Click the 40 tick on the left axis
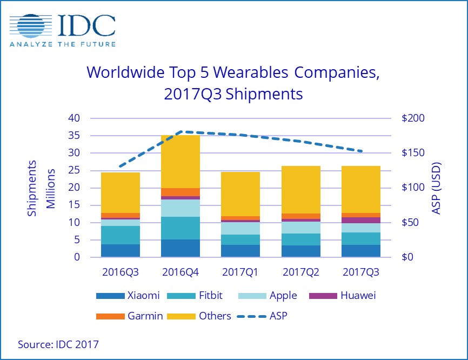pos(73,118)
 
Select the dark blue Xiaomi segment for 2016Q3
pos(120,251)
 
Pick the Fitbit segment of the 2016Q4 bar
pos(180,228)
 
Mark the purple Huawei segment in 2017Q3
pos(361,220)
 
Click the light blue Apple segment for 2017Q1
pos(240,229)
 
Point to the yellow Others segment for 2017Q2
pos(300,190)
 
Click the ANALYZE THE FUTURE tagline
pos(63,44)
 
